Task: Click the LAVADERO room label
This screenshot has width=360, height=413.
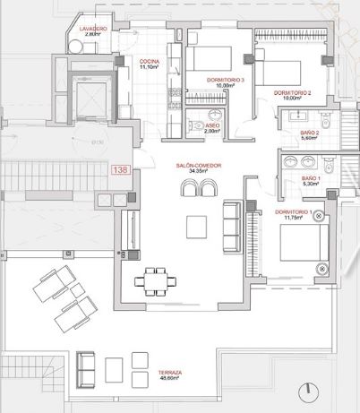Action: click(x=93, y=30)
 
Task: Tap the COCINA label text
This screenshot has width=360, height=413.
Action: click(x=150, y=61)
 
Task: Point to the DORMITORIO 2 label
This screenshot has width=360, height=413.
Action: click(x=292, y=93)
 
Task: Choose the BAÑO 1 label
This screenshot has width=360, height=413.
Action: click(x=311, y=179)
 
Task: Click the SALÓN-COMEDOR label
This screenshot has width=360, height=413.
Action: click(x=198, y=166)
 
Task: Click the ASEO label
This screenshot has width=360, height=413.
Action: click(x=213, y=125)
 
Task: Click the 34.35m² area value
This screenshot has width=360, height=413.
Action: click(x=198, y=172)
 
